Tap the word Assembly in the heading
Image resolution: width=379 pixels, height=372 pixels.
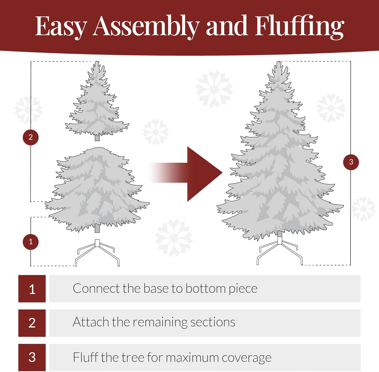click(x=146, y=27)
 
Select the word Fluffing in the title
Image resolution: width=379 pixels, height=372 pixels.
click(x=299, y=27)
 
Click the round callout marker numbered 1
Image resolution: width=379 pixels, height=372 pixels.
click(x=31, y=242)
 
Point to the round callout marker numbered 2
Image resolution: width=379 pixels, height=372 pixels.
click(x=31, y=137)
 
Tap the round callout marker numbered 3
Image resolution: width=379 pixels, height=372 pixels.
click(x=351, y=162)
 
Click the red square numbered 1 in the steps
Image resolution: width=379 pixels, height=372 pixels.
click(x=32, y=289)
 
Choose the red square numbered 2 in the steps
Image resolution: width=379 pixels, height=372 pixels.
click(x=32, y=323)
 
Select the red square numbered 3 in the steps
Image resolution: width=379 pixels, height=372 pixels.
click(x=32, y=357)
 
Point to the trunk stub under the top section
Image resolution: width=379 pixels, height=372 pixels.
click(x=97, y=138)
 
